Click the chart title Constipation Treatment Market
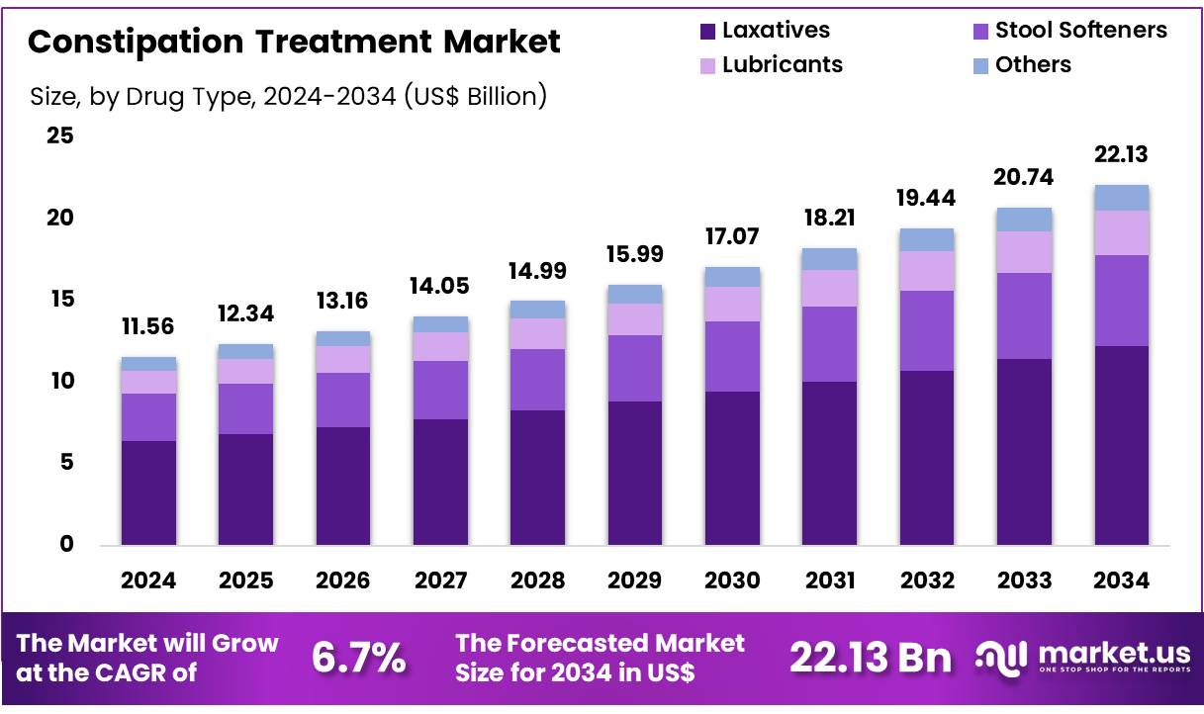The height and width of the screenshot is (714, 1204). click(294, 42)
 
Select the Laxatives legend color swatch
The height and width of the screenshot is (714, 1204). click(706, 31)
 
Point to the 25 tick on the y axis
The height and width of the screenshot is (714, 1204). click(60, 135)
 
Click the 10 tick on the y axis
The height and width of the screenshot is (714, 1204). click(60, 381)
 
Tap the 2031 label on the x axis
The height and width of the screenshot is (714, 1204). click(829, 581)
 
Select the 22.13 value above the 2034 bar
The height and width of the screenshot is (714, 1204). click(1122, 155)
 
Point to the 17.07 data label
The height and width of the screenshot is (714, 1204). click(732, 237)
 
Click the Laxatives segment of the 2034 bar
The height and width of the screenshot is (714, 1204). click(1122, 445)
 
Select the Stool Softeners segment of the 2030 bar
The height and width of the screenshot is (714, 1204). click(732, 356)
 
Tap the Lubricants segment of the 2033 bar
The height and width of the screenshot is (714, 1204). click(1024, 252)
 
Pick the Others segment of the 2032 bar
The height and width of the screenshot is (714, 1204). click(927, 239)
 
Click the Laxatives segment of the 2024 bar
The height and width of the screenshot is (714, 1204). click(148, 492)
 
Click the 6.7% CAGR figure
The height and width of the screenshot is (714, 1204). click(358, 658)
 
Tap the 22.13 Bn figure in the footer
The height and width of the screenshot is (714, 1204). click(871, 658)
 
